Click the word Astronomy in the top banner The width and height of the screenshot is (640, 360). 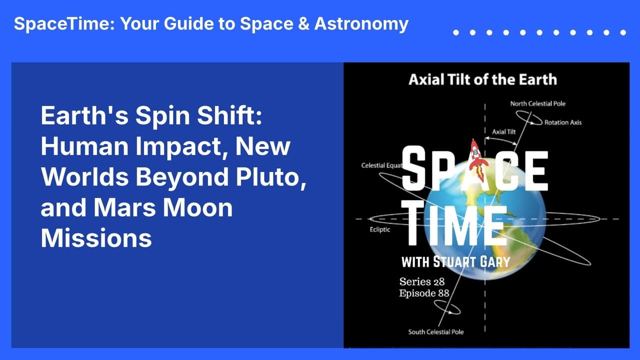[361, 24]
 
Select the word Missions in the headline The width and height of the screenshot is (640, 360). [96, 238]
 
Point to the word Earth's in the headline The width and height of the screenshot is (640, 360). [84, 115]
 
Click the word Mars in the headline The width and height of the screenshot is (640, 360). [124, 207]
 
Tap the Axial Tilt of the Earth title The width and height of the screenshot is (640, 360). [483, 79]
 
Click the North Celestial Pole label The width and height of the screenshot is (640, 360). [537, 103]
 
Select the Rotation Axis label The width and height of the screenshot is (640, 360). [563, 122]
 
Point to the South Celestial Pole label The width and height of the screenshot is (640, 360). [435, 332]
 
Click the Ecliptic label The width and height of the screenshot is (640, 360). [379, 229]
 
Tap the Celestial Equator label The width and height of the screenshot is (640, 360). [381, 165]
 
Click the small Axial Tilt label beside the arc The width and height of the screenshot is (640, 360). [503, 131]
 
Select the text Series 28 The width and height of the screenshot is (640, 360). [421, 282]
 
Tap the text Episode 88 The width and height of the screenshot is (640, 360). [424, 293]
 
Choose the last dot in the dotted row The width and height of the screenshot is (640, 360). [623, 32]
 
